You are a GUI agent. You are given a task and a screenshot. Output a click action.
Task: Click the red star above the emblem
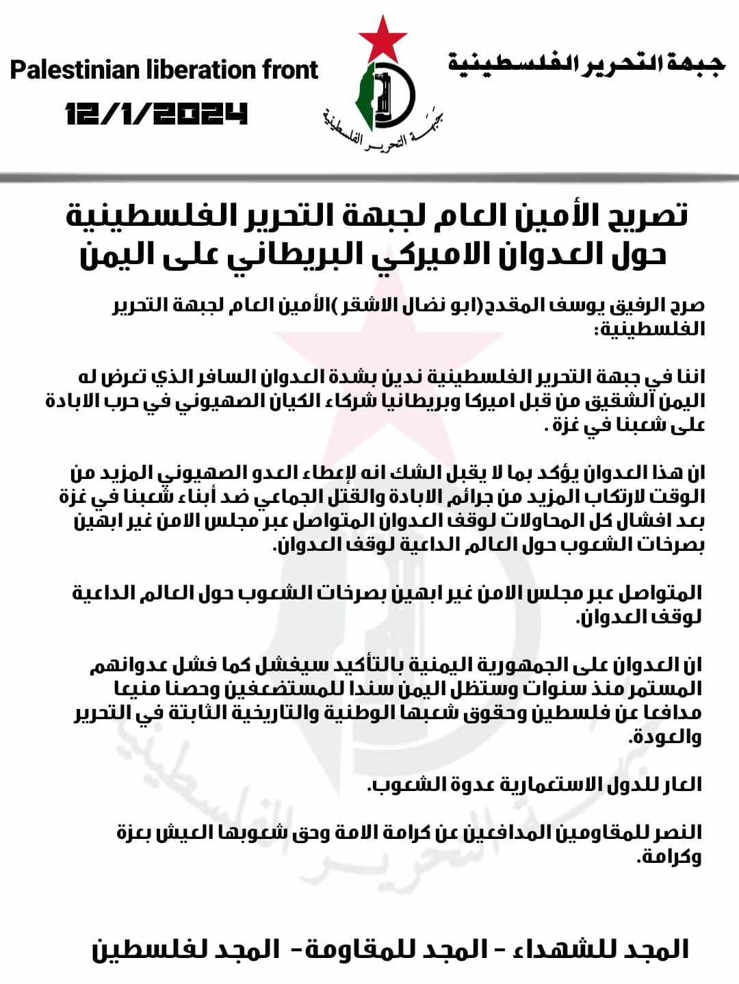pyautogui.click(x=383, y=38)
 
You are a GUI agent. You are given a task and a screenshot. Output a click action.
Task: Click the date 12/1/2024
pyautogui.click(x=156, y=114)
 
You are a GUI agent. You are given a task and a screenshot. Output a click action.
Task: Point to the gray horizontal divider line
pyautogui.click(x=369, y=178)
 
